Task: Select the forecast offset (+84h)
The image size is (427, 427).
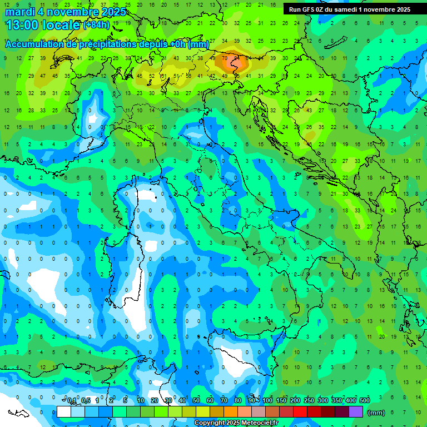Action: tap(96, 25)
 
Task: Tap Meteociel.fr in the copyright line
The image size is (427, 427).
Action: tap(260, 423)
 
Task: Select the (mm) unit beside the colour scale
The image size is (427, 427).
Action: tap(376, 413)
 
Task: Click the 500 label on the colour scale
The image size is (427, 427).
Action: tap(365, 401)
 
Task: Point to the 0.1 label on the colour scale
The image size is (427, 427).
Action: tap(72, 401)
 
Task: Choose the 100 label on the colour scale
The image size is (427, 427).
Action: tap(267, 401)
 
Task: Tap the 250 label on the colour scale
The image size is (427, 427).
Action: tap(309, 401)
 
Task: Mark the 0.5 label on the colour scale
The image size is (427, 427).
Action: tap(86, 401)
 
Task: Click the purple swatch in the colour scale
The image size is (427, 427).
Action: tap(356, 412)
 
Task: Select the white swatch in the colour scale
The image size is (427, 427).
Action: tap(64, 412)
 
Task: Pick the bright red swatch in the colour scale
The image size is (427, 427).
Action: tap(300, 412)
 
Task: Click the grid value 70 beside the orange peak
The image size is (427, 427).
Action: tap(225, 58)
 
